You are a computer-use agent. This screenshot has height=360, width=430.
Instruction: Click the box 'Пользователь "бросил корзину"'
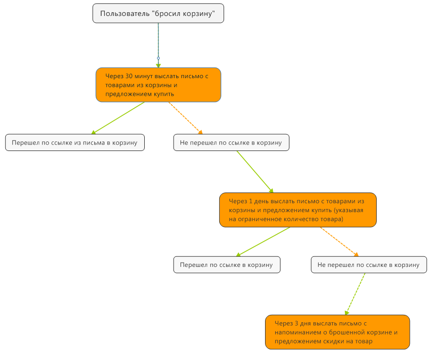tap(158, 13)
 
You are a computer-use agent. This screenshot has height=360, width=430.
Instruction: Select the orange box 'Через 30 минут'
tap(158, 85)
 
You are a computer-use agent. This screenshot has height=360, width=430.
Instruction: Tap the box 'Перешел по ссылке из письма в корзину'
tap(75, 143)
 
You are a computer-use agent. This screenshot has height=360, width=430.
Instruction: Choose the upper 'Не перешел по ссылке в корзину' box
tap(231, 143)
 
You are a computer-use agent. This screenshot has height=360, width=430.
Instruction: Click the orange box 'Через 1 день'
tap(297, 210)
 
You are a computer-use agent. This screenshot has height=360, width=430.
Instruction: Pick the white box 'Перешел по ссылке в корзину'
tap(226, 265)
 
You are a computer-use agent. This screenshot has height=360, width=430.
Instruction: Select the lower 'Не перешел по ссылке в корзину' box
tap(368, 265)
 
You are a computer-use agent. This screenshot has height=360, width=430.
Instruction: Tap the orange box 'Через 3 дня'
tap(337, 332)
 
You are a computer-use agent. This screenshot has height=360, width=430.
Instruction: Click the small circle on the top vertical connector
tap(159, 57)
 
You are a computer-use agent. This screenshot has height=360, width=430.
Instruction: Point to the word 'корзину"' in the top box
tap(200, 14)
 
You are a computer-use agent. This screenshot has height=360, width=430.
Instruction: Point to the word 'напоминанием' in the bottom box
tap(297, 332)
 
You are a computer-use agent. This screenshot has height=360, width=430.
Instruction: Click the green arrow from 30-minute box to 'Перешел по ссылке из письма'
tap(118, 118)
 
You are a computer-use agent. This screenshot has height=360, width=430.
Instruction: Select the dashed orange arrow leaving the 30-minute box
tap(185, 118)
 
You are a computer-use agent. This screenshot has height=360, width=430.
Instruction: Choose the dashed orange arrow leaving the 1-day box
tap(339, 242)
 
